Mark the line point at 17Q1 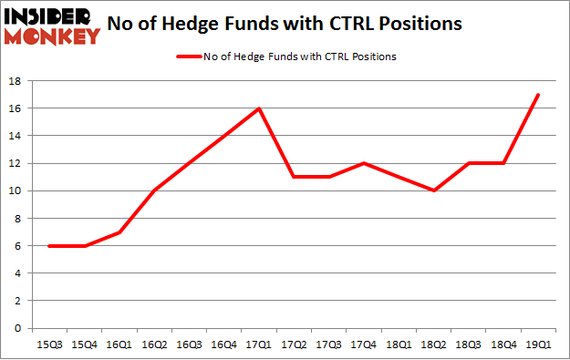(261, 108)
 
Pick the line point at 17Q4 (363, 163)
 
